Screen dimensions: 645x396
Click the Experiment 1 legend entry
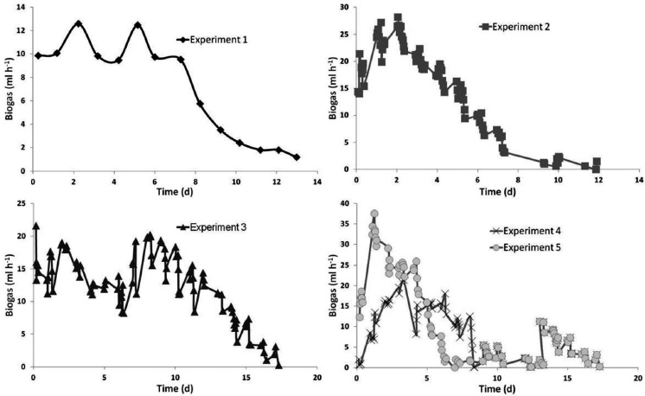click(x=212, y=40)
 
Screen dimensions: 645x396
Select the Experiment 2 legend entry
click(x=514, y=27)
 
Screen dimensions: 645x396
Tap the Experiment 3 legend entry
click(x=211, y=227)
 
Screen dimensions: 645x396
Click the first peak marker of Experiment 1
click(x=78, y=23)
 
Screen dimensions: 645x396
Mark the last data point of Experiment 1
click(x=297, y=157)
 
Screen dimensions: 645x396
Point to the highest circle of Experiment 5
click(x=374, y=214)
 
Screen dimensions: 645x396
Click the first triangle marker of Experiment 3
click(x=35, y=226)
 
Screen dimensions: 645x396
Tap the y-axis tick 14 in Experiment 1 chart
click(x=22, y=7)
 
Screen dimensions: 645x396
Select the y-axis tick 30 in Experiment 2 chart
click(x=346, y=7)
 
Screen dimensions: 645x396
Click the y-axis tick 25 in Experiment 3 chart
click(x=22, y=203)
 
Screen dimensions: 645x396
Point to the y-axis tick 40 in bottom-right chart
click(x=346, y=203)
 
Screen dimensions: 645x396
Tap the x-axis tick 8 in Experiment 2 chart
click(x=518, y=180)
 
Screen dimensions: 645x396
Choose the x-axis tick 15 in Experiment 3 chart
click(x=246, y=378)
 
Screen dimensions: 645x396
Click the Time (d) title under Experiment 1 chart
click(x=175, y=192)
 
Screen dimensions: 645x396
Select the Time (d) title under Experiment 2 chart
click(x=497, y=191)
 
